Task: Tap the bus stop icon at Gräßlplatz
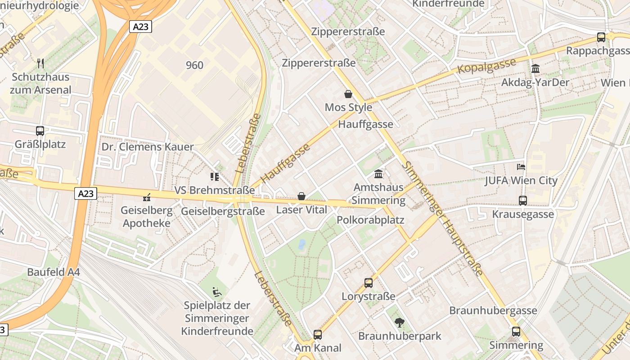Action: point(40,131)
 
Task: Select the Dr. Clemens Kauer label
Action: point(147,147)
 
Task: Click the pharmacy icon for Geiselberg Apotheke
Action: point(146,197)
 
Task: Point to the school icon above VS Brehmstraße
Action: point(214,176)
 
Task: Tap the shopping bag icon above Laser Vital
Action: point(301,196)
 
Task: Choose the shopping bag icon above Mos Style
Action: point(348,94)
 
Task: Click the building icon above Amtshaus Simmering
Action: point(379,174)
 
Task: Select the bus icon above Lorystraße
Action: point(369,283)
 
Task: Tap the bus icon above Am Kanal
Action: point(318,334)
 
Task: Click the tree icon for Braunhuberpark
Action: point(399,322)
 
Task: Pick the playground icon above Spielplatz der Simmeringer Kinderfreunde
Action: point(217,292)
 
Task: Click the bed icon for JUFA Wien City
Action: point(521,167)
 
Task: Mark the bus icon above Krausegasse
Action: point(523,200)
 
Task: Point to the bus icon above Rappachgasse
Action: point(601,37)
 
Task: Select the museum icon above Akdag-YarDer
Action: point(535,69)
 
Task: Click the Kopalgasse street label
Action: point(486,66)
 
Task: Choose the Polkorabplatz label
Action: point(370,220)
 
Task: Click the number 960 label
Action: point(194,65)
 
